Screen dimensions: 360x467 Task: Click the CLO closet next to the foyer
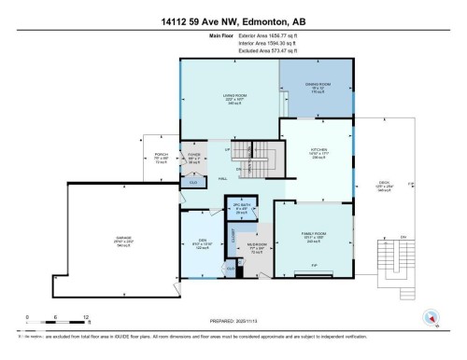(x=192, y=183)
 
